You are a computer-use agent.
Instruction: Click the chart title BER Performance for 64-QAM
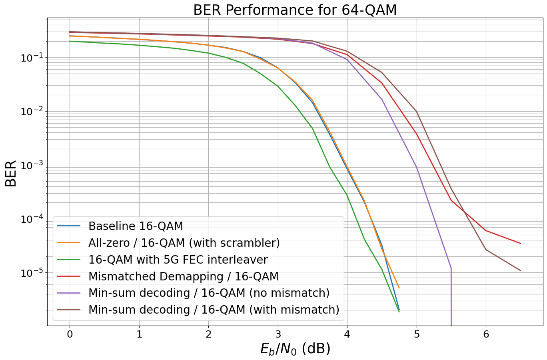pyautogui.click(x=295, y=10)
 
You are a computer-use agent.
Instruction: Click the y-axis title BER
pyautogui.click(x=11, y=173)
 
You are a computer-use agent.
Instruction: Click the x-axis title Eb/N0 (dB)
pyautogui.click(x=295, y=349)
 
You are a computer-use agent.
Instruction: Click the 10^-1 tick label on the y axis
pyautogui.click(x=31, y=58)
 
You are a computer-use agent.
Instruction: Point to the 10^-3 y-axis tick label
pyautogui.click(x=31, y=166)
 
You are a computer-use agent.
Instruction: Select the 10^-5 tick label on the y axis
pyautogui.click(x=31, y=273)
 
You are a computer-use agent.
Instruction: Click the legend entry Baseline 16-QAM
pyautogui.click(x=136, y=226)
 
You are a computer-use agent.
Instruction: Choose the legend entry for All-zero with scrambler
pyautogui.click(x=184, y=243)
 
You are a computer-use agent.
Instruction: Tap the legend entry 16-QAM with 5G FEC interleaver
pyautogui.click(x=178, y=260)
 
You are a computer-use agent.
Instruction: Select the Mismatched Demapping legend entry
pyautogui.click(x=183, y=277)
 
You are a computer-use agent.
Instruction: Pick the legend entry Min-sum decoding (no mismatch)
pyautogui.click(x=209, y=293)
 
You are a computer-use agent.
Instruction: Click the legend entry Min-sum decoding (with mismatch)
pyautogui.click(x=214, y=310)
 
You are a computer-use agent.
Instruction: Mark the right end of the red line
pyautogui.click(x=521, y=243)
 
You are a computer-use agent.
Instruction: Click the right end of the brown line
pyautogui.click(x=521, y=271)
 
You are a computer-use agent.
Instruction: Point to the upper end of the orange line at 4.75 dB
pyautogui.click(x=399, y=288)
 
